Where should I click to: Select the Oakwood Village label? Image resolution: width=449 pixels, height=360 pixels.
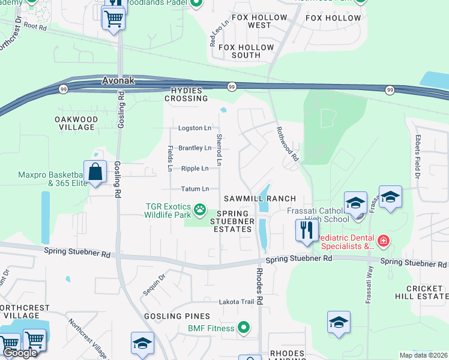click(75, 123)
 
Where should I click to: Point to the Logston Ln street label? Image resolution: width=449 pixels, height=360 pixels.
click(194, 128)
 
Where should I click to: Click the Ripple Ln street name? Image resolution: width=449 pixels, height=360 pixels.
click(194, 169)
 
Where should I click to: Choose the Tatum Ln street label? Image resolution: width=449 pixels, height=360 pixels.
click(194, 188)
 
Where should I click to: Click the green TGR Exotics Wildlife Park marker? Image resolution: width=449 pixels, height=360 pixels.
click(199, 211)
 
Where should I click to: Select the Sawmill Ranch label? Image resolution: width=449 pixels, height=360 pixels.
click(260, 199)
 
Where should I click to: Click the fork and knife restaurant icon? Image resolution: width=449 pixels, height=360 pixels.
click(306, 230)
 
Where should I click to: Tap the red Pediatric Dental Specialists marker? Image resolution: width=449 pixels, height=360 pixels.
click(383, 241)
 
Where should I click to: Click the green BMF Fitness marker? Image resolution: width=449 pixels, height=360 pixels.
click(243, 328)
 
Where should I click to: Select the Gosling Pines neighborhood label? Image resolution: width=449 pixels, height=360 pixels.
click(176, 316)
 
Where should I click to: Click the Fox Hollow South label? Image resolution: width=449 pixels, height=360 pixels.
click(239, 51)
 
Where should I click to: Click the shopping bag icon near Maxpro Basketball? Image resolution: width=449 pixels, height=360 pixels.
click(95, 172)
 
